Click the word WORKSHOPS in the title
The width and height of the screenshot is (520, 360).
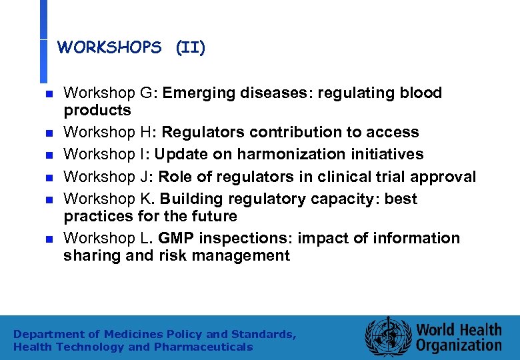[109, 48]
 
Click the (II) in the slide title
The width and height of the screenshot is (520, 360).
[191, 48]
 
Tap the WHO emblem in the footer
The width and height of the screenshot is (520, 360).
[387, 336]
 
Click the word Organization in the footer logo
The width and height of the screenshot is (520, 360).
[459, 345]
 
